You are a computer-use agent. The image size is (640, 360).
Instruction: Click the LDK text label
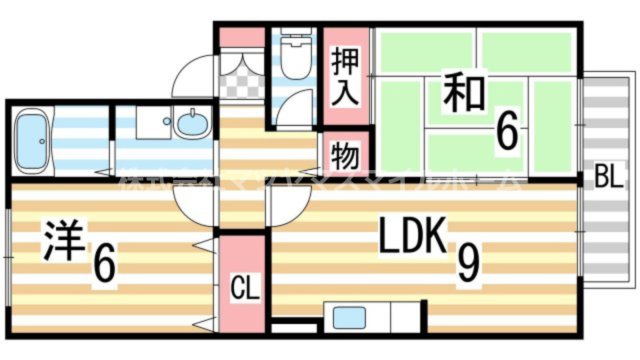click(x=411, y=238)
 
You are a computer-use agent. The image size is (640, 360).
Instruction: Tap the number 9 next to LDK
click(x=467, y=261)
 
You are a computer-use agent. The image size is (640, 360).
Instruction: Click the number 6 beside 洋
click(x=102, y=263)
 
